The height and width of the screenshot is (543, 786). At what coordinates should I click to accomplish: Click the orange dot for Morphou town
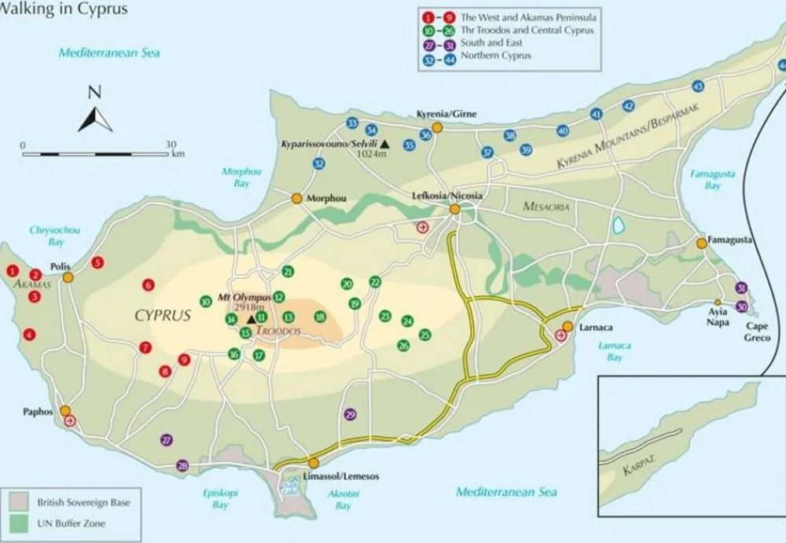click(x=297, y=199)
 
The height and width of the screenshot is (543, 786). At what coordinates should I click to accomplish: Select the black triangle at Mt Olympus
click(x=251, y=318)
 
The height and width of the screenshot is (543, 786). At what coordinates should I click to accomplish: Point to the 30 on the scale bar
click(x=171, y=145)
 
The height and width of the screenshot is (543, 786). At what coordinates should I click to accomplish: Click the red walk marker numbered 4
click(x=30, y=335)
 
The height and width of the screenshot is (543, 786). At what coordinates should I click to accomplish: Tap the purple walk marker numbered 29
click(x=351, y=414)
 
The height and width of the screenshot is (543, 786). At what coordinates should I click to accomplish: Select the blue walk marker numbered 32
click(x=318, y=163)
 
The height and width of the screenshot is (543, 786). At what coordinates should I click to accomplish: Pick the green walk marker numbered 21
click(x=288, y=272)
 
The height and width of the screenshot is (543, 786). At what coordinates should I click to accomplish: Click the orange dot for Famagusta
click(x=701, y=244)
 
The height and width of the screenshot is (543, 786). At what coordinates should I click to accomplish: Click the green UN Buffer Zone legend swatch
click(x=21, y=523)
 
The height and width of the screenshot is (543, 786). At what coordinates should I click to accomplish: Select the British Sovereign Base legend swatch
click(x=21, y=501)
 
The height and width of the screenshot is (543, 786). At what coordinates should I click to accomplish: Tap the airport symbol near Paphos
click(x=71, y=421)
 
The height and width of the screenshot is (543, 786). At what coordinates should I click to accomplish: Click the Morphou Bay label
click(x=241, y=177)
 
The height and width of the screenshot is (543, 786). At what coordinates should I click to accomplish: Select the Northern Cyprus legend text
click(x=496, y=56)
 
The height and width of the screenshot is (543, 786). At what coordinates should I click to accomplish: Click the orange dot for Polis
click(x=68, y=277)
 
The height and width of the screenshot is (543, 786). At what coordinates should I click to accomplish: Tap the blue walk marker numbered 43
click(x=697, y=86)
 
